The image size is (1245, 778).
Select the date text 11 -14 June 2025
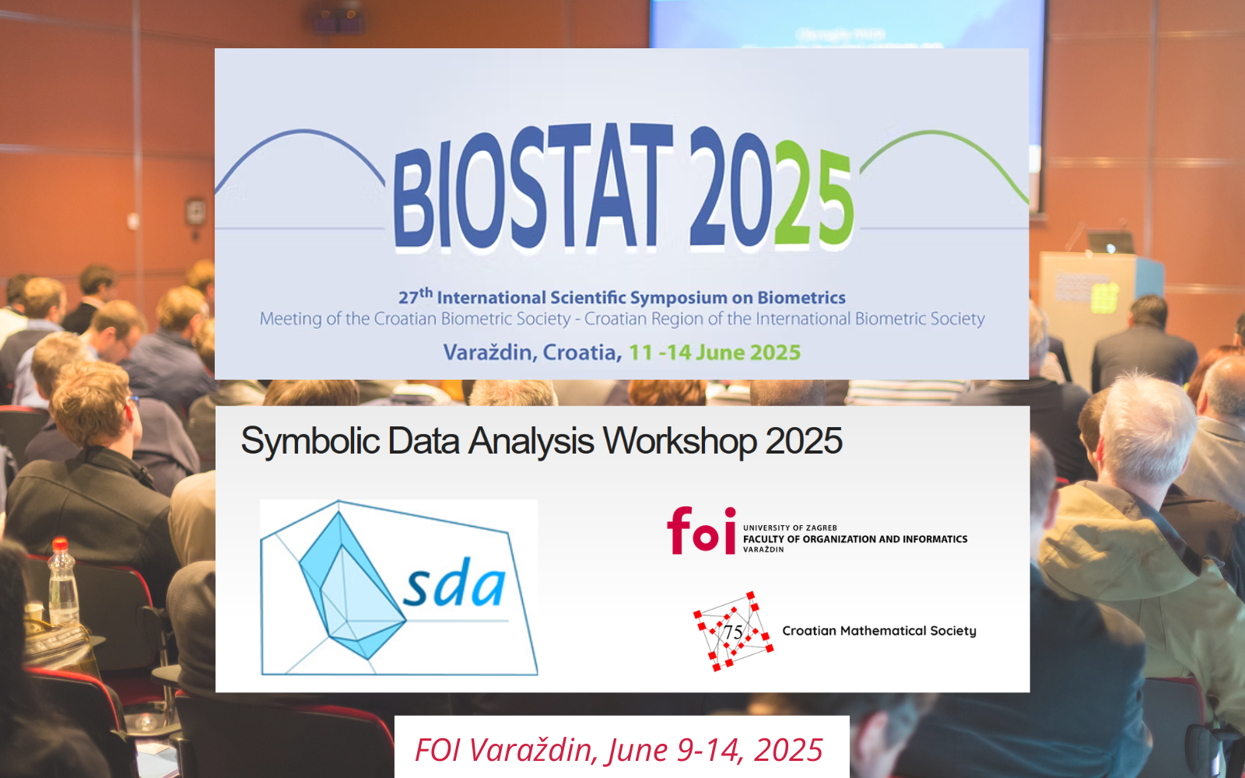coord(715,352)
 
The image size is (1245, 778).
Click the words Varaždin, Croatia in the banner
coord(532,352)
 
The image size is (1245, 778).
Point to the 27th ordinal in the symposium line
coord(416,296)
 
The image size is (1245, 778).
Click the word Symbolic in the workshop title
coord(310,442)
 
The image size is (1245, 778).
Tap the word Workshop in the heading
coord(680,441)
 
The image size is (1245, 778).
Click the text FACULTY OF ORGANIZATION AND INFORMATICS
coord(855,539)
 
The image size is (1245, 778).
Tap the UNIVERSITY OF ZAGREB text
coord(790,528)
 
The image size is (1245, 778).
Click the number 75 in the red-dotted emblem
coord(733,632)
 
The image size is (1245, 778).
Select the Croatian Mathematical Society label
coord(879,631)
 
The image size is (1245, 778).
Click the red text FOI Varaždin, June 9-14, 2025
coord(619,750)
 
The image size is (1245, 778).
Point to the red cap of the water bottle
coord(60,544)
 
